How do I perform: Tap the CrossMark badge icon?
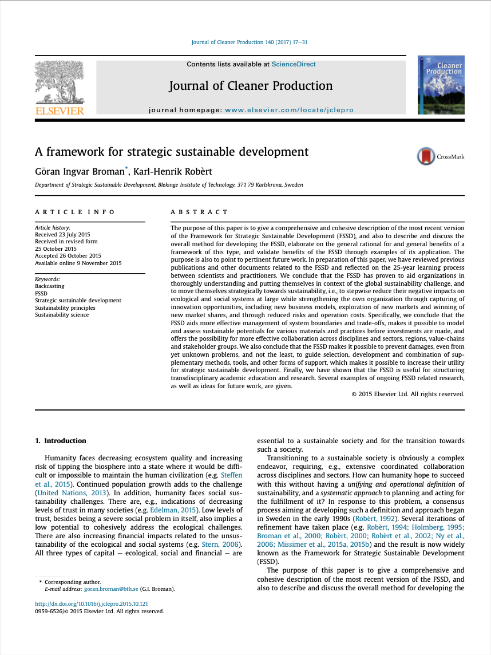click(426, 156)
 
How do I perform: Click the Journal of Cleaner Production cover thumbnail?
click(441, 85)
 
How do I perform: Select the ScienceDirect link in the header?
click(294, 64)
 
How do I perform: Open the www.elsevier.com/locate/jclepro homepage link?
click(289, 110)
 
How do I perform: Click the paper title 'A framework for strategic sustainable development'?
click(172, 152)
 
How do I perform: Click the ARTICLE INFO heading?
click(75, 212)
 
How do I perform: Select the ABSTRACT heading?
click(199, 212)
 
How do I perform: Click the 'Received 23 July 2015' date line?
click(62, 235)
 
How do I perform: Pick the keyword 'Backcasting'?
click(50, 286)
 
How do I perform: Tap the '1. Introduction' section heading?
click(61, 441)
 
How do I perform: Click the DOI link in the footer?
click(92, 604)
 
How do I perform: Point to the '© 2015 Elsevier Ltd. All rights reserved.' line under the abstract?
click(407, 394)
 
